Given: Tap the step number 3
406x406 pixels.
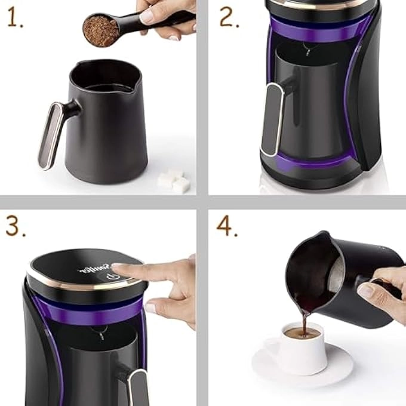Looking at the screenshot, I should coord(14,227).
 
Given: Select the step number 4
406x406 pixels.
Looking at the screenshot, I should coord(227,226).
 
